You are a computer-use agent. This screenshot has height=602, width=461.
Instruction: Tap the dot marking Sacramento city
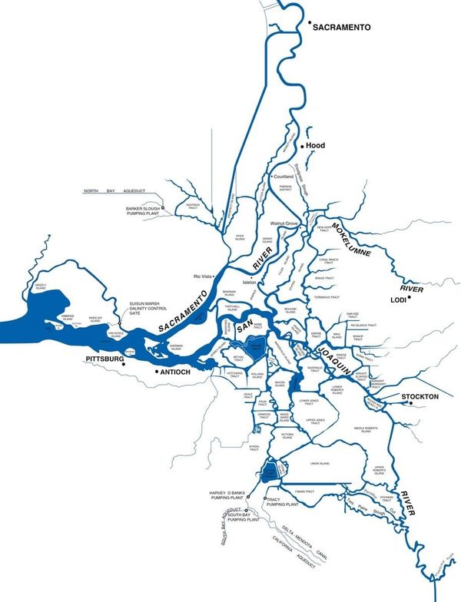pyautogui.click(x=310, y=25)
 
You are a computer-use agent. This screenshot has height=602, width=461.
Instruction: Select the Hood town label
pyautogui.click(x=316, y=145)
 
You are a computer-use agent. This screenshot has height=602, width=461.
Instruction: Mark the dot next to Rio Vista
pyautogui.click(x=215, y=275)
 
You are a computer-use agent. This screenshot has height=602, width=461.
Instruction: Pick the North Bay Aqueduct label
pyautogui.click(x=108, y=190)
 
